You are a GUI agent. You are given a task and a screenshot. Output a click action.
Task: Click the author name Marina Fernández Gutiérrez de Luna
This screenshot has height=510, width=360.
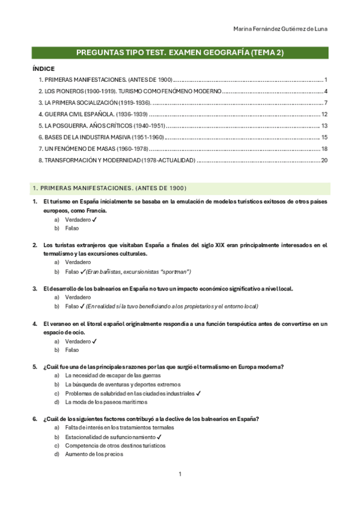click(280, 29)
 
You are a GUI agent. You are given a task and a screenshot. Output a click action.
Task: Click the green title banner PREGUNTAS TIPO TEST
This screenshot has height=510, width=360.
click(180, 53)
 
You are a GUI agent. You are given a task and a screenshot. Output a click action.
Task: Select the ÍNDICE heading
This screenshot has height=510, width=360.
click(43, 69)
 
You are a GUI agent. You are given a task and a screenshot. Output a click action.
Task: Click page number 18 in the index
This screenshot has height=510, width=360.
click(324, 149)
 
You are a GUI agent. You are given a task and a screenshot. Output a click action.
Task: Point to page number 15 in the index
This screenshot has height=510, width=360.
click(324, 137)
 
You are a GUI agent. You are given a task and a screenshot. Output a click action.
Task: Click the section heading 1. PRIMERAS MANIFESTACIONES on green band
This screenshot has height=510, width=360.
click(109, 188)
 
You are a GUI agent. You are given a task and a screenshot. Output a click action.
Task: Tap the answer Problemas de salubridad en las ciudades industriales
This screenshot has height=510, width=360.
click(130, 393)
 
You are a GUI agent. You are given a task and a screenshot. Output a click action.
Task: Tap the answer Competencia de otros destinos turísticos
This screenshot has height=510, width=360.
click(115, 446)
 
